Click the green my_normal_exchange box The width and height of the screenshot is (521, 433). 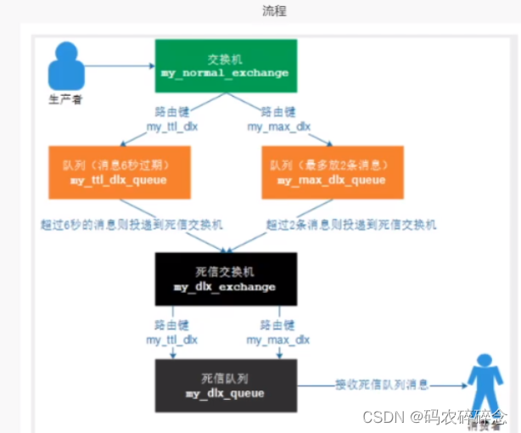click(225, 65)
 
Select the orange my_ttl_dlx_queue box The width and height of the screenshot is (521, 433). click(120, 172)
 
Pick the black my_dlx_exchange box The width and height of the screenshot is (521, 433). click(225, 278)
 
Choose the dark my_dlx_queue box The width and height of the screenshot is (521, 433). click(225, 385)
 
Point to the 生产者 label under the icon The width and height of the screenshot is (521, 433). click(65, 99)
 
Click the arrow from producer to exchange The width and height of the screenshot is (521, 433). click(119, 65)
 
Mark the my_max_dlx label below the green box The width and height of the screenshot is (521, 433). click(278, 127)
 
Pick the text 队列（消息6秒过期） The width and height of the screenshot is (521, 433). click(120, 164)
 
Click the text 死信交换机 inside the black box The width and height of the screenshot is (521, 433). click(225, 271)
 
